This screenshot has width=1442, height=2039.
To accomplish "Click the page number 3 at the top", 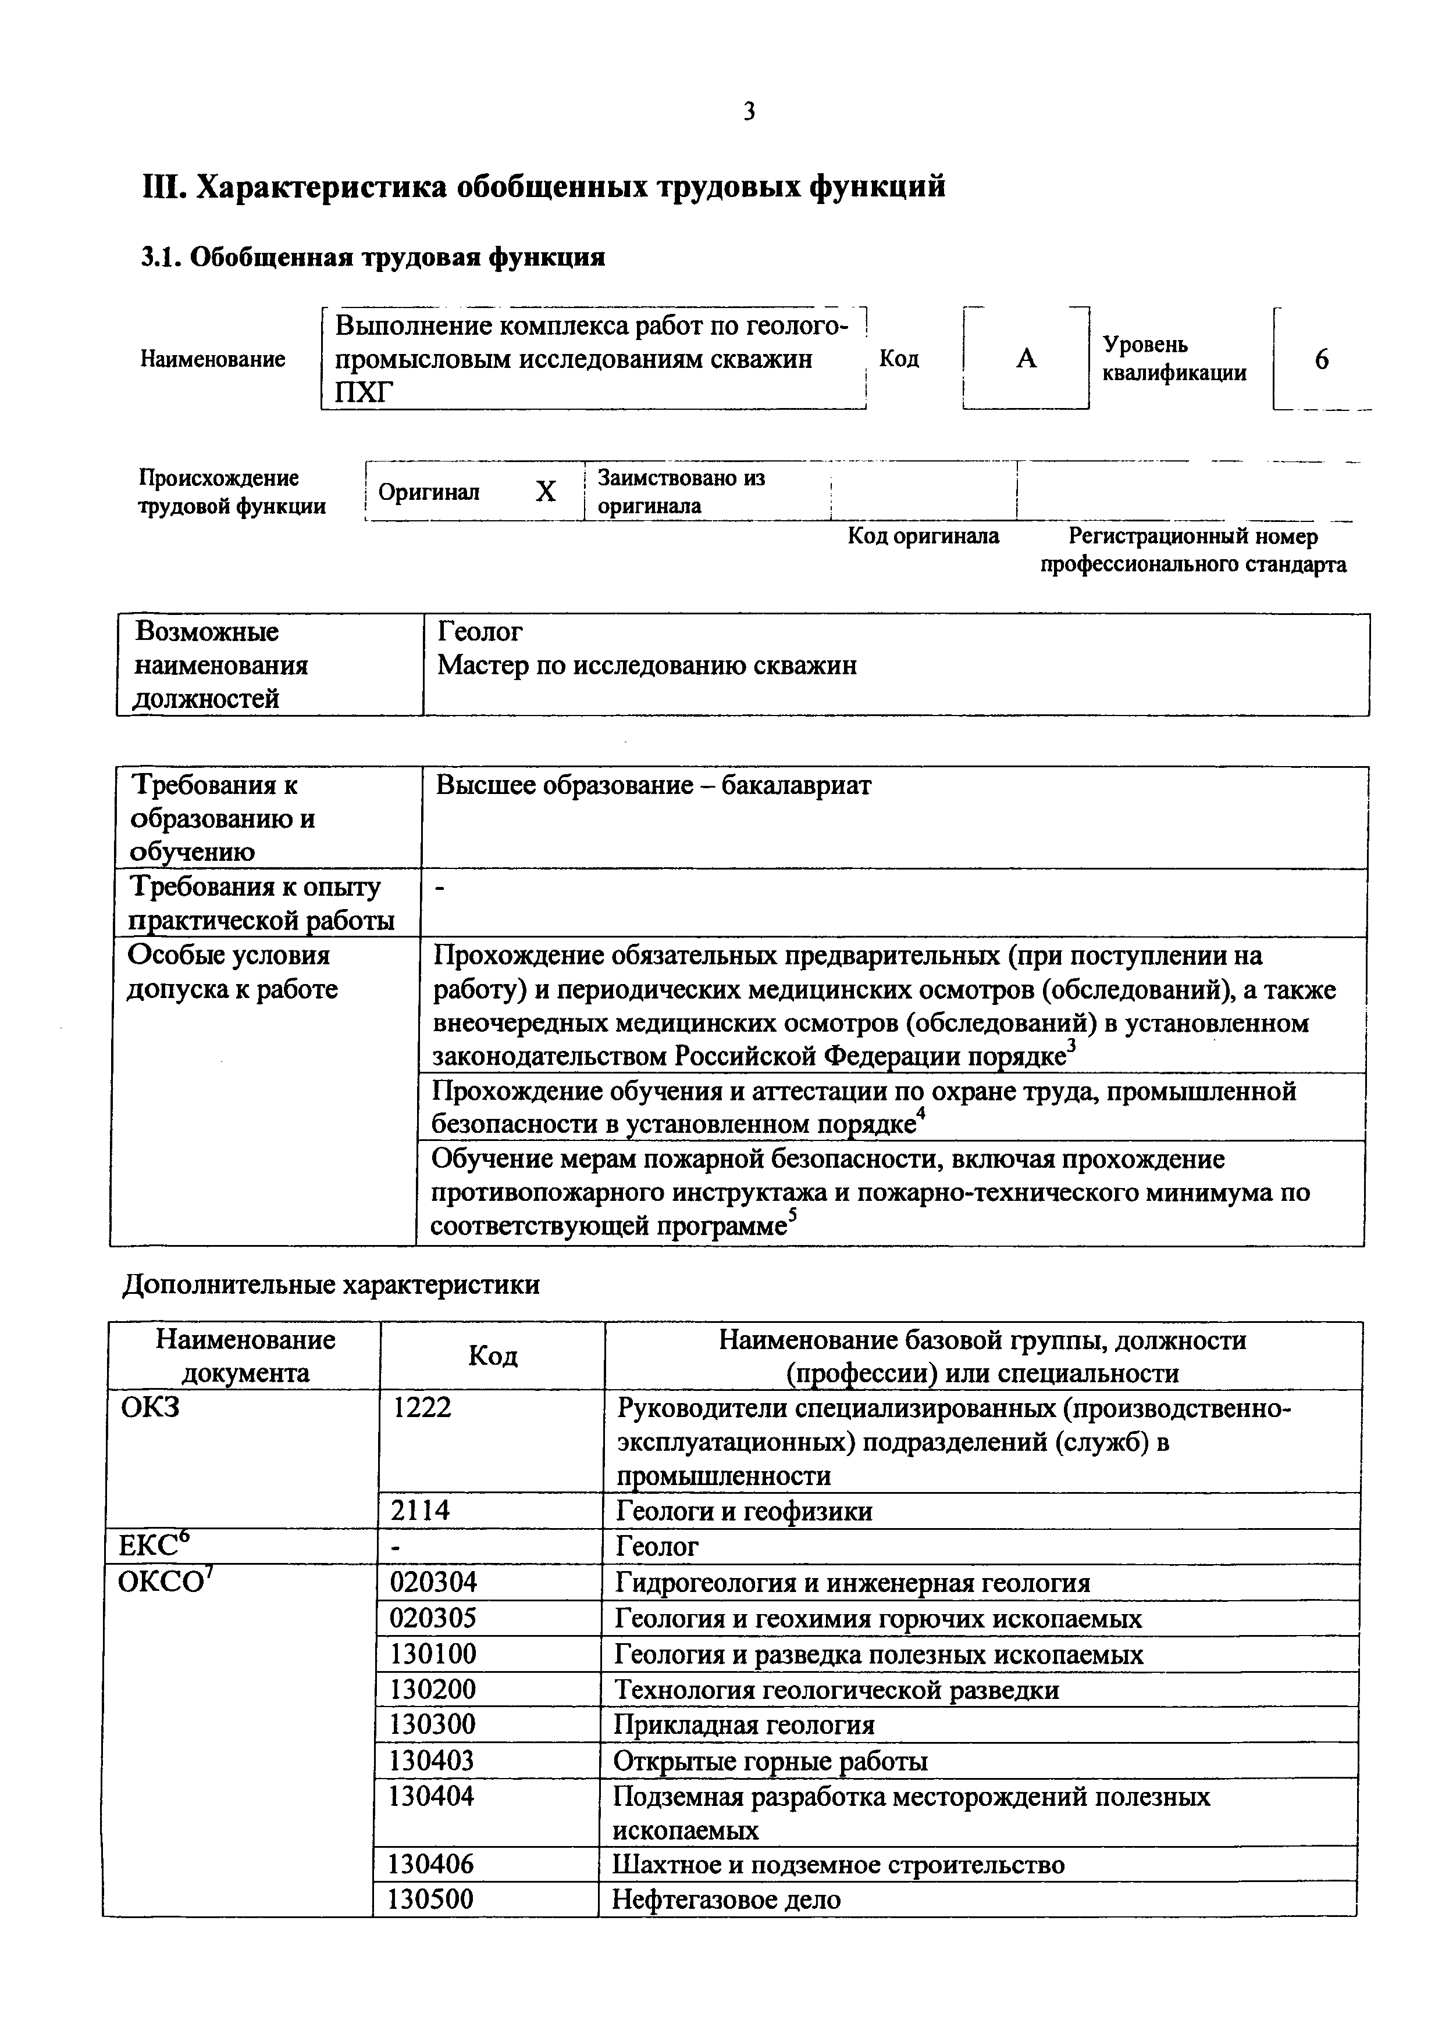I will [x=749, y=112].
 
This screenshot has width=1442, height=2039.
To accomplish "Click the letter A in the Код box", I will [x=1026, y=359].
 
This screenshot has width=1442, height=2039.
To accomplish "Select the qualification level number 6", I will [x=1321, y=360].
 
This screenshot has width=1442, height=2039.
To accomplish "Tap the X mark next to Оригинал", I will [x=546, y=491].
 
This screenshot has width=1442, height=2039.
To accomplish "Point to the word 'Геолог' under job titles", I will [x=480, y=631].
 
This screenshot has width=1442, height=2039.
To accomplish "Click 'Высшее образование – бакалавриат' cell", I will [x=653, y=785].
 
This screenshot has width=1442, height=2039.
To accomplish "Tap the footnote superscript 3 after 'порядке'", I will [x=1071, y=1046].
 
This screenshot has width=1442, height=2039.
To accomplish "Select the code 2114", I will [x=419, y=1511].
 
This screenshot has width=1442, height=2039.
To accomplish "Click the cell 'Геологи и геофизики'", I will [x=743, y=1511].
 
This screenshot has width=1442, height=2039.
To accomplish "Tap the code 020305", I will [x=433, y=1619].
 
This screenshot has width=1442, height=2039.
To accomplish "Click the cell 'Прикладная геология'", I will [x=743, y=1725].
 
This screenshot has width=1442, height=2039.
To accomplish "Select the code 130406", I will [x=432, y=1864].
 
